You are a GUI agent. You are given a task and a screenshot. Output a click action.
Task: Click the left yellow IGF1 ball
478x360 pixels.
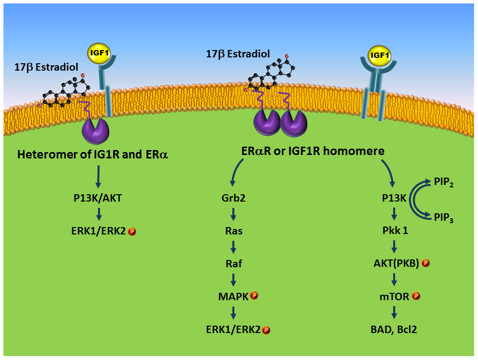(99, 53)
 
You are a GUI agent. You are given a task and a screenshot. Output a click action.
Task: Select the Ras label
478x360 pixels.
(233, 231)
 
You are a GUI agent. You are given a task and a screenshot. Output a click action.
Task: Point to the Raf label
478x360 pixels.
(233, 264)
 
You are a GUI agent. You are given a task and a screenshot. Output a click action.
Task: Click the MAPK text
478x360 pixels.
(233, 296)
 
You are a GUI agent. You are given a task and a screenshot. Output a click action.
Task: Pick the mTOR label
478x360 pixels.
(395, 296)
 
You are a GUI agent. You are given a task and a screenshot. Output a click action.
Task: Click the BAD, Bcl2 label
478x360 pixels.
(395, 329)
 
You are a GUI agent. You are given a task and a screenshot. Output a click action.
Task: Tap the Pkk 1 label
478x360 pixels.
(395, 231)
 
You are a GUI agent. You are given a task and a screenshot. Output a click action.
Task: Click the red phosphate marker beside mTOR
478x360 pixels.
(416, 296)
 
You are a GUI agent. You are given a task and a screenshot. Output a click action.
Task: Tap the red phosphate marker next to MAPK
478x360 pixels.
(254, 296)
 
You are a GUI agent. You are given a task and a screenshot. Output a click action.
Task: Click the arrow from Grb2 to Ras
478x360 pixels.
(233, 215)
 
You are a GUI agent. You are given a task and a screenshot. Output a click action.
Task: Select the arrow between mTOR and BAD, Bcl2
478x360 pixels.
(395, 312)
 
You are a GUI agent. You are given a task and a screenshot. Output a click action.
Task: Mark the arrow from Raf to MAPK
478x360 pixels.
(233, 280)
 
